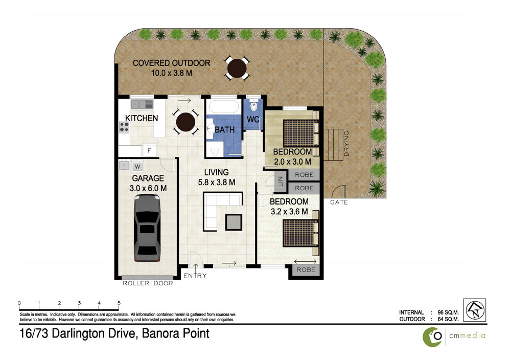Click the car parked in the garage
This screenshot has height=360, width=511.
pyautogui.click(x=147, y=228)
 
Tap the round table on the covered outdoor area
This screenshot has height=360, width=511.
pyautogui.click(x=237, y=68)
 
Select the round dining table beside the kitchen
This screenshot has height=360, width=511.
pyautogui.click(x=185, y=122)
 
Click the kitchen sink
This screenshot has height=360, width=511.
pyautogui.click(x=142, y=104)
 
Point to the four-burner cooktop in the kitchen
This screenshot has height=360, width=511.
pyautogui.click(x=124, y=127)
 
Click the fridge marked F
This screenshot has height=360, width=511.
pyautogui.click(x=149, y=151)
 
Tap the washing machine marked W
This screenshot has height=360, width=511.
pyautogui.click(x=137, y=167)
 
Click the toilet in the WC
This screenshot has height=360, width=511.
pyautogui.click(x=254, y=105)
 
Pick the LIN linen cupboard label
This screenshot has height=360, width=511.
pyautogui.click(x=280, y=182)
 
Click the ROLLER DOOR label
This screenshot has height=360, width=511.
pyautogui.click(x=148, y=283)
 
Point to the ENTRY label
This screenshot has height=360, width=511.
pyautogui.click(x=195, y=276)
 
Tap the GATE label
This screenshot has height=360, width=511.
pyautogui.click(x=339, y=202)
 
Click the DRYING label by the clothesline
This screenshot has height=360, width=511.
pyautogui.click(x=346, y=144)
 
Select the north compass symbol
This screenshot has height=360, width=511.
pyautogui.click(x=475, y=310)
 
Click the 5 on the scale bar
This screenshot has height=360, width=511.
pyautogui.click(x=119, y=303)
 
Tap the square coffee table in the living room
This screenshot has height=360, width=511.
pyautogui.click(x=234, y=222)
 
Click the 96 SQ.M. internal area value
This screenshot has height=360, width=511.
pyautogui.click(x=448, y=312)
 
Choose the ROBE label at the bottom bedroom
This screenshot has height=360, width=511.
pyautogui.click(x=306, y=269)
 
